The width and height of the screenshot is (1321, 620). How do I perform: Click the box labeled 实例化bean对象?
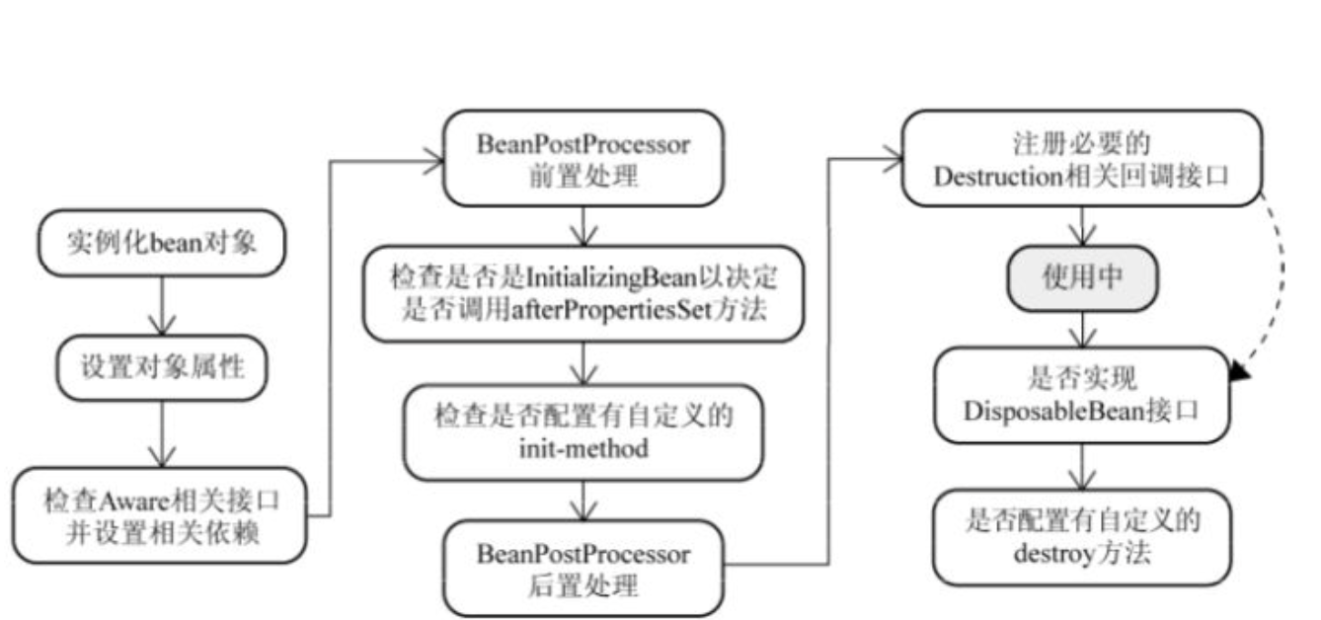tap(160, 244)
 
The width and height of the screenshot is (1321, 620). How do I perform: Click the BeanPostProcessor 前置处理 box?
tap(583, 158)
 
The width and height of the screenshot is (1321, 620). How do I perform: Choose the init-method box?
tap(583, 431)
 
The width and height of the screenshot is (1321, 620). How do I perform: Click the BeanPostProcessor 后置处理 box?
tap(583, 568)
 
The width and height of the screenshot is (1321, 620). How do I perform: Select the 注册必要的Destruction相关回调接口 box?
tap(1083, 159)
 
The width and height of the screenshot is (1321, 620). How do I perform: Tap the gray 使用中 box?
tap(1083, 279)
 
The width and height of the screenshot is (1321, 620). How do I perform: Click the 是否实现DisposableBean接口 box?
tap(1083, 394)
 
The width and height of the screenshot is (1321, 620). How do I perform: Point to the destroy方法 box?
tap(1083, 536)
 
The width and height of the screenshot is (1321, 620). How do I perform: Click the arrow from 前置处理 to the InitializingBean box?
tap(584, 226)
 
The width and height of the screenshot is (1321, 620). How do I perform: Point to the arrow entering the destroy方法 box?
tap(1083, 467)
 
